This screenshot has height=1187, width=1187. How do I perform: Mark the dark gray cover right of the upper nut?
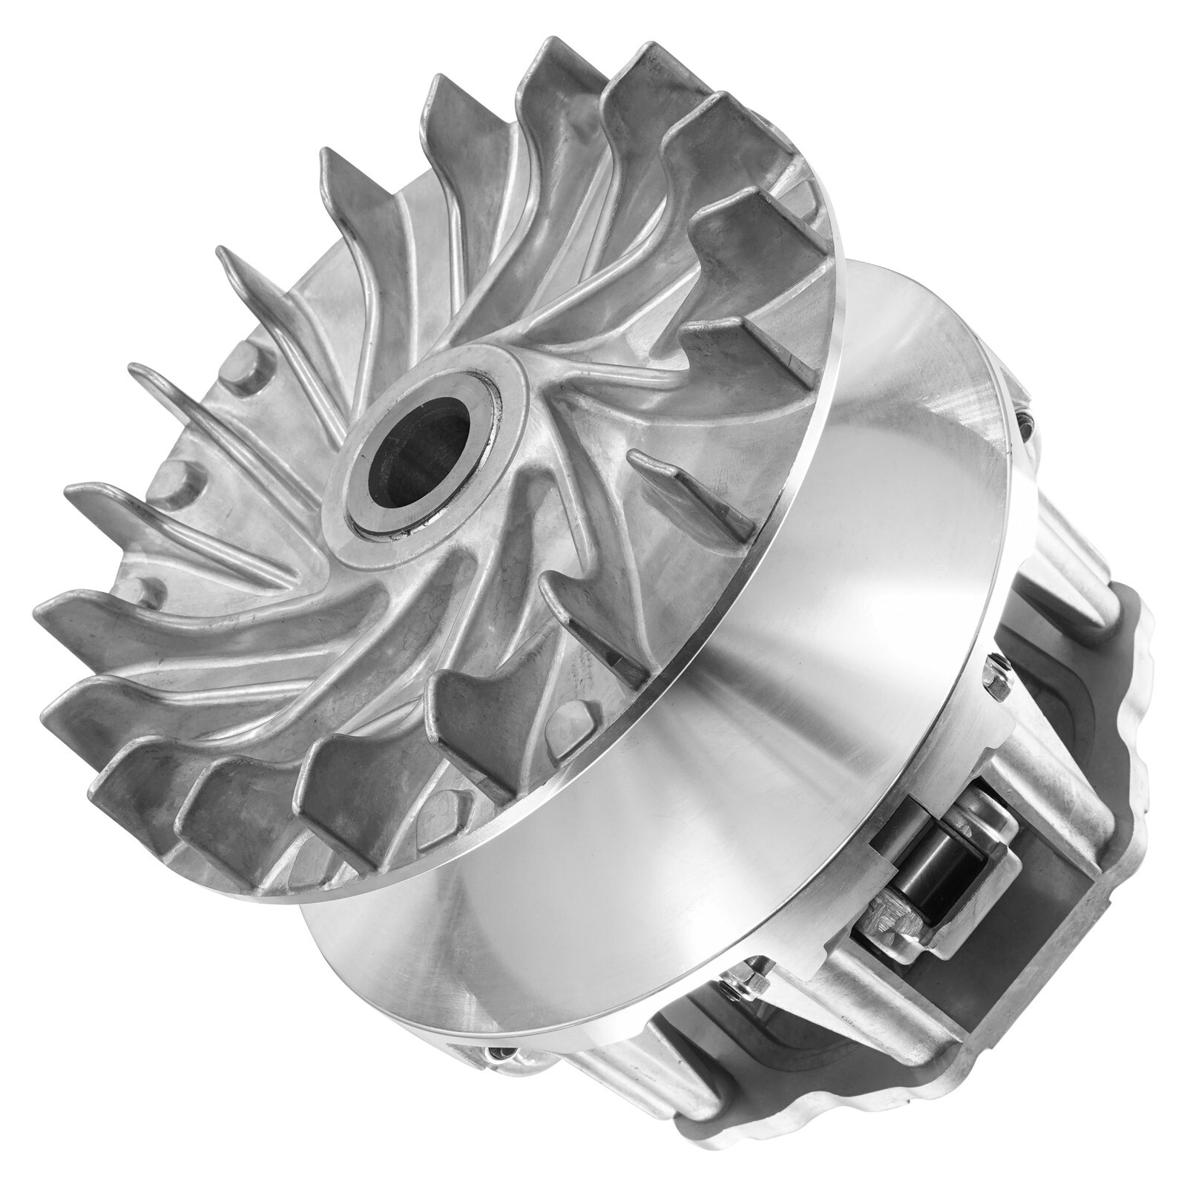tap(1076, 668)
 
